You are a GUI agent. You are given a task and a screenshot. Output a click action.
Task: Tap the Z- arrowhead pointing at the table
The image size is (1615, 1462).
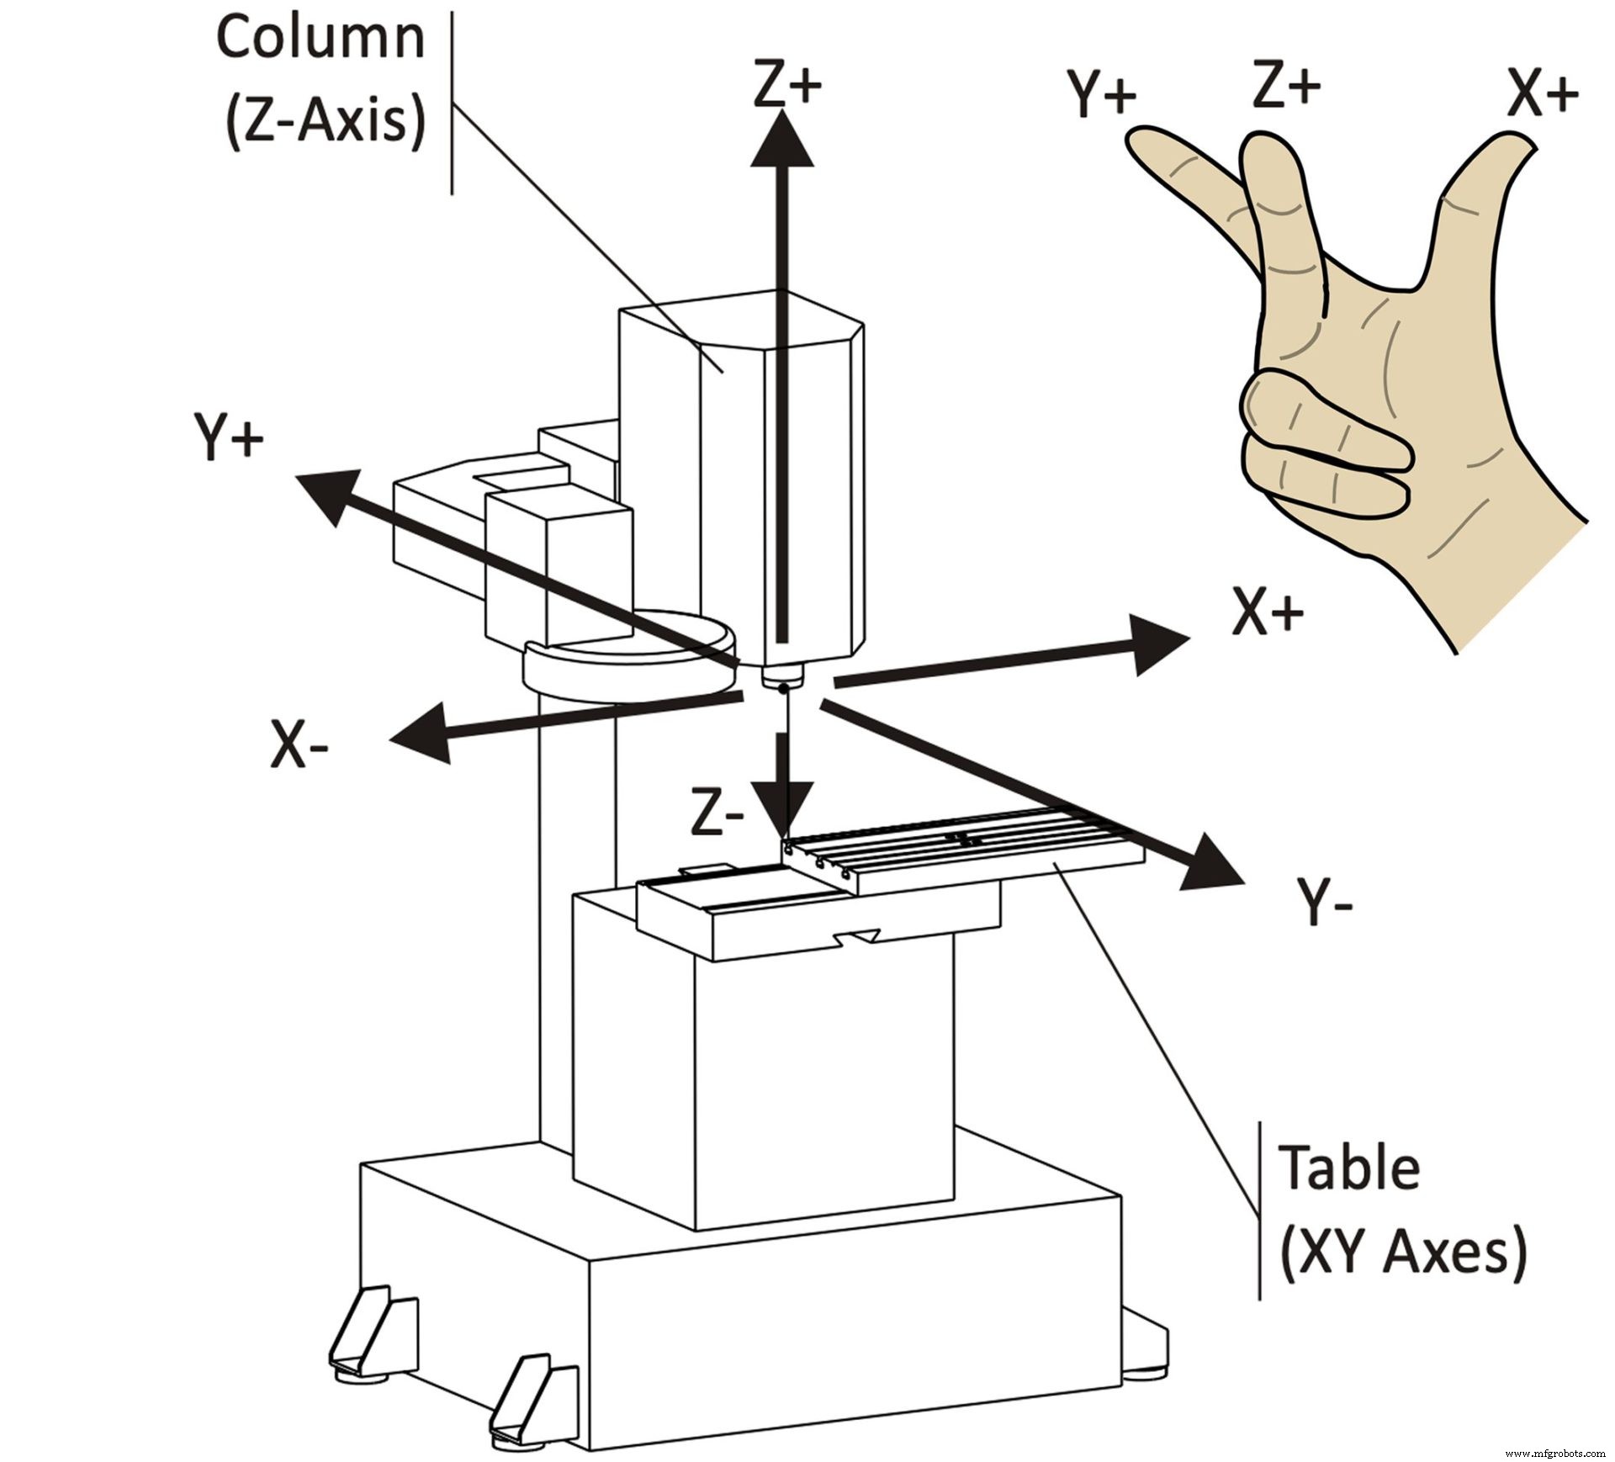tap(783, 806)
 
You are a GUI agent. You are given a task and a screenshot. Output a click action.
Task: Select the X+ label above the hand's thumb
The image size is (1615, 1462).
tap(1542, 94)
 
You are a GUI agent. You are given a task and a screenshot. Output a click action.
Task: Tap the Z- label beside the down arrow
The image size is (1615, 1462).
tap(717, 813)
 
